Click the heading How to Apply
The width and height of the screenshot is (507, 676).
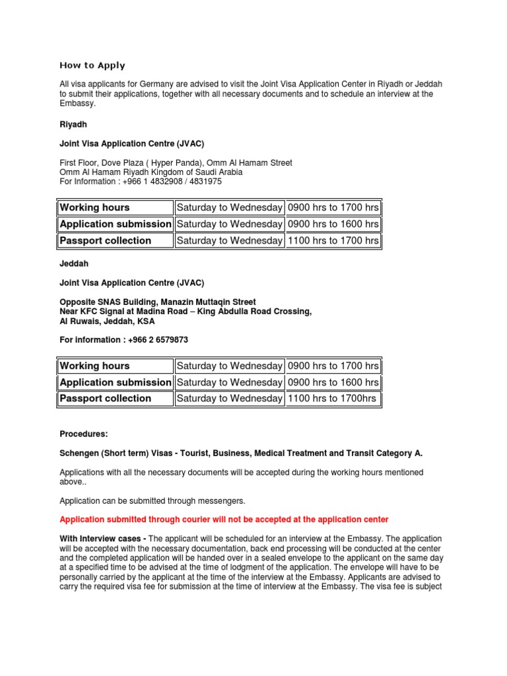[92, 65]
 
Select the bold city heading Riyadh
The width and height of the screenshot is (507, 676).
[73, 123]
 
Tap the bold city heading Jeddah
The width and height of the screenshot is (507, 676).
[74, 263]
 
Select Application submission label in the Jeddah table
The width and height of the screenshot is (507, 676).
[116, 382]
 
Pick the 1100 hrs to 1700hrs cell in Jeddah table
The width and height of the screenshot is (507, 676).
[333, 398]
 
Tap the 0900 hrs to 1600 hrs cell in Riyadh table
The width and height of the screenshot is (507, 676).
[333, 224]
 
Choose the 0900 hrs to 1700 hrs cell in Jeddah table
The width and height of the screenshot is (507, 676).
[333, 366]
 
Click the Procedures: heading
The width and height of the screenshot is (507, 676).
[84, 434]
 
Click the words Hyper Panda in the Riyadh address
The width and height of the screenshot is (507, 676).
[168, 162]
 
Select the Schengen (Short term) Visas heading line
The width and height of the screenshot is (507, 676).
[241, 454]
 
